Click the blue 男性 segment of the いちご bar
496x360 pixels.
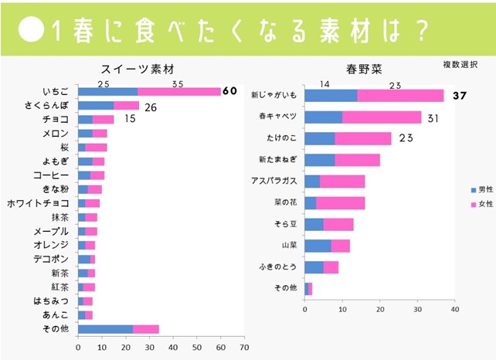coord(107,91)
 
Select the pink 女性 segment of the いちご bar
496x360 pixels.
coord(178,91)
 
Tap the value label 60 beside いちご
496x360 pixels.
coord(229,91)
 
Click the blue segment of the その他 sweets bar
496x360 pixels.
coord(105,328)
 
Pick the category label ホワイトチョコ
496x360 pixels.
coord(38,203)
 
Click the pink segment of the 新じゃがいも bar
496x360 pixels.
coord(400,96)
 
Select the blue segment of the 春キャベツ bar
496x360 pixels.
coord(324,117)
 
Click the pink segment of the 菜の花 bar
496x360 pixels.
coord(340,203)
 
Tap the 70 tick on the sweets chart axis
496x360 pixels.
coord(244,348)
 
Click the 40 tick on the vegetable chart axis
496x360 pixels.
coord(455,309)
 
